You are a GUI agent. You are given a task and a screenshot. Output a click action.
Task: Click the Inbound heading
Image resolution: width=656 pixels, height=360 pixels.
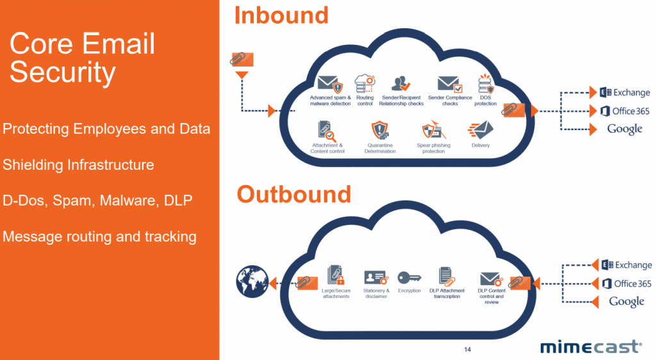(281, 15)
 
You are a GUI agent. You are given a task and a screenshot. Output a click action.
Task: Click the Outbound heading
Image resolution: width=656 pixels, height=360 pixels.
(294, 194)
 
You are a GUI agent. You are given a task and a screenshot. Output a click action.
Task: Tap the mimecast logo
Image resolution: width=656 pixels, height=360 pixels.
(589, 347)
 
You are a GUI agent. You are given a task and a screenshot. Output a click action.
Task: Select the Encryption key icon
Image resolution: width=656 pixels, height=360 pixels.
(409, 277)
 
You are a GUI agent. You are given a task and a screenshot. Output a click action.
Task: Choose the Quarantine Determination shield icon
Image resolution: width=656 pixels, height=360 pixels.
(381, 131)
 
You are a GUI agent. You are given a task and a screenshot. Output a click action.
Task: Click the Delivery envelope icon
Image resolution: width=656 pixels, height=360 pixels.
(480, 130)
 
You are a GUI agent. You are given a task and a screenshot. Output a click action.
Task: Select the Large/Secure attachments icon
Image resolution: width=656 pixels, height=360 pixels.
(336, 276)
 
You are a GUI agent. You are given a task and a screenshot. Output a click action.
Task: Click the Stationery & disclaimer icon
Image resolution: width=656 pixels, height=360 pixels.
(376, 277)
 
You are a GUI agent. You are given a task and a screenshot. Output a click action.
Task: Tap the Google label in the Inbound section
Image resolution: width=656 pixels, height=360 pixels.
(625, 129)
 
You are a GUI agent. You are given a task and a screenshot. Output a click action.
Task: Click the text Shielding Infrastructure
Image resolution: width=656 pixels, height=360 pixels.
(79, 165)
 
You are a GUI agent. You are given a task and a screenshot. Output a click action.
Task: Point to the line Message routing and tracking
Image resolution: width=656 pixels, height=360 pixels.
(99, 237)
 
